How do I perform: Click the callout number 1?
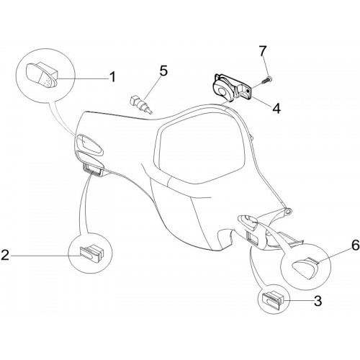click(112, 77)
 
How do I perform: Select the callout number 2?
click(5, 255)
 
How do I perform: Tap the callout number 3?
click(318, 301)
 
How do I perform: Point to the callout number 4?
click(276, 108)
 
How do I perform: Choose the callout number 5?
click(163, 71)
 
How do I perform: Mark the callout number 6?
click(356, 245)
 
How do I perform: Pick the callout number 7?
click(262, 50)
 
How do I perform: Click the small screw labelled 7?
click(267, 79)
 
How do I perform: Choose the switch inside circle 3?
click(274, 299)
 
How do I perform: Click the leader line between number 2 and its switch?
click(45, 256)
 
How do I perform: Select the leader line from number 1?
click(83, 78)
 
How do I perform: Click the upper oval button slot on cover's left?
click(89, 143)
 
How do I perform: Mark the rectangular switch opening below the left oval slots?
click(91, 168)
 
